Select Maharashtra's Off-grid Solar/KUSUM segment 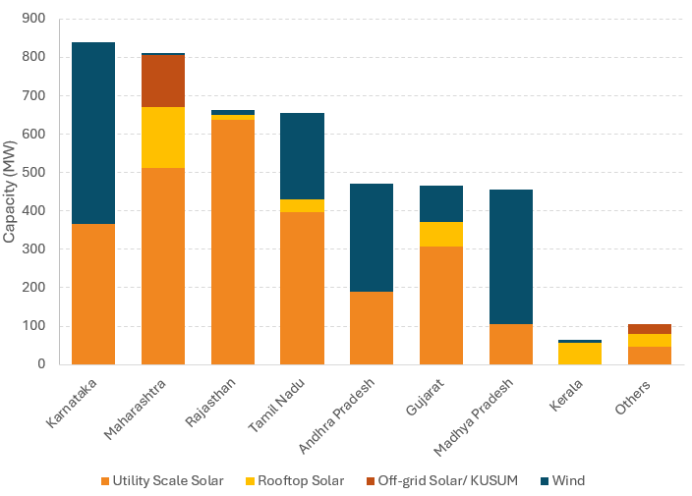point(162,81)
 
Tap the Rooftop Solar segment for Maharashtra point(162,138)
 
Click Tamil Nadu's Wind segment point(302,156)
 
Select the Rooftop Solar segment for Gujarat point(440,234)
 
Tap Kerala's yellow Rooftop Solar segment point(580,354)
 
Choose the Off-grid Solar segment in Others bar point(650,329)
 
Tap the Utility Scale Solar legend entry point(161,480)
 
